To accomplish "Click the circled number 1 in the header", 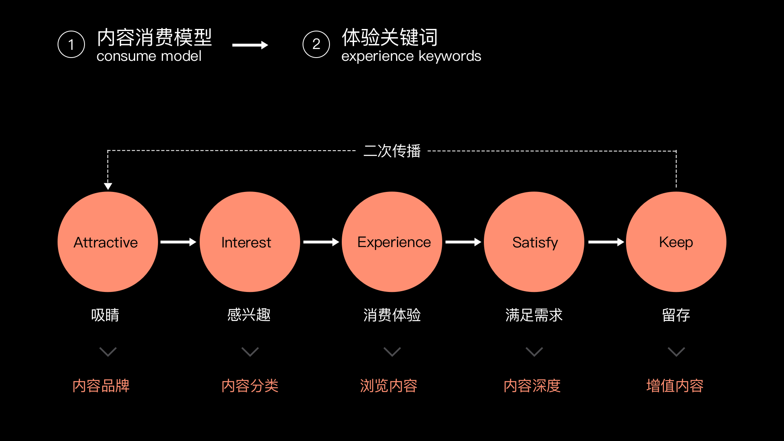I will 71,44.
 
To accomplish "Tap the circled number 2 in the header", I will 316,44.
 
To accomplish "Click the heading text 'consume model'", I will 149,56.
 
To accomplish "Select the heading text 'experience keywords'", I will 411,56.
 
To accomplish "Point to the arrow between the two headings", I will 250,45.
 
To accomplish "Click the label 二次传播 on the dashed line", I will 392,151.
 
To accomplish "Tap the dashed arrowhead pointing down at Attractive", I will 108,186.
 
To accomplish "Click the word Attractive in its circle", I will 106,243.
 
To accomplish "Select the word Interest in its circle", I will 246,243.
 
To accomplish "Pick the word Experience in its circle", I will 394,243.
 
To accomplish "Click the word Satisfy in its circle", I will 535,243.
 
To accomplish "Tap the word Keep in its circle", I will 676,242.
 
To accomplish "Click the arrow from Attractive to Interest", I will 178,242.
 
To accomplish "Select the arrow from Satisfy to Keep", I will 606,242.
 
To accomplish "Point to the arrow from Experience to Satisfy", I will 463,242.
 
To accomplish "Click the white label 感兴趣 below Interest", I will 249,315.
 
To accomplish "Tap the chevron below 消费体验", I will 392,352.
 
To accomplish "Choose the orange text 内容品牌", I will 101,386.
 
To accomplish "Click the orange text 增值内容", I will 675,386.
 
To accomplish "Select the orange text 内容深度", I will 532,386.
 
